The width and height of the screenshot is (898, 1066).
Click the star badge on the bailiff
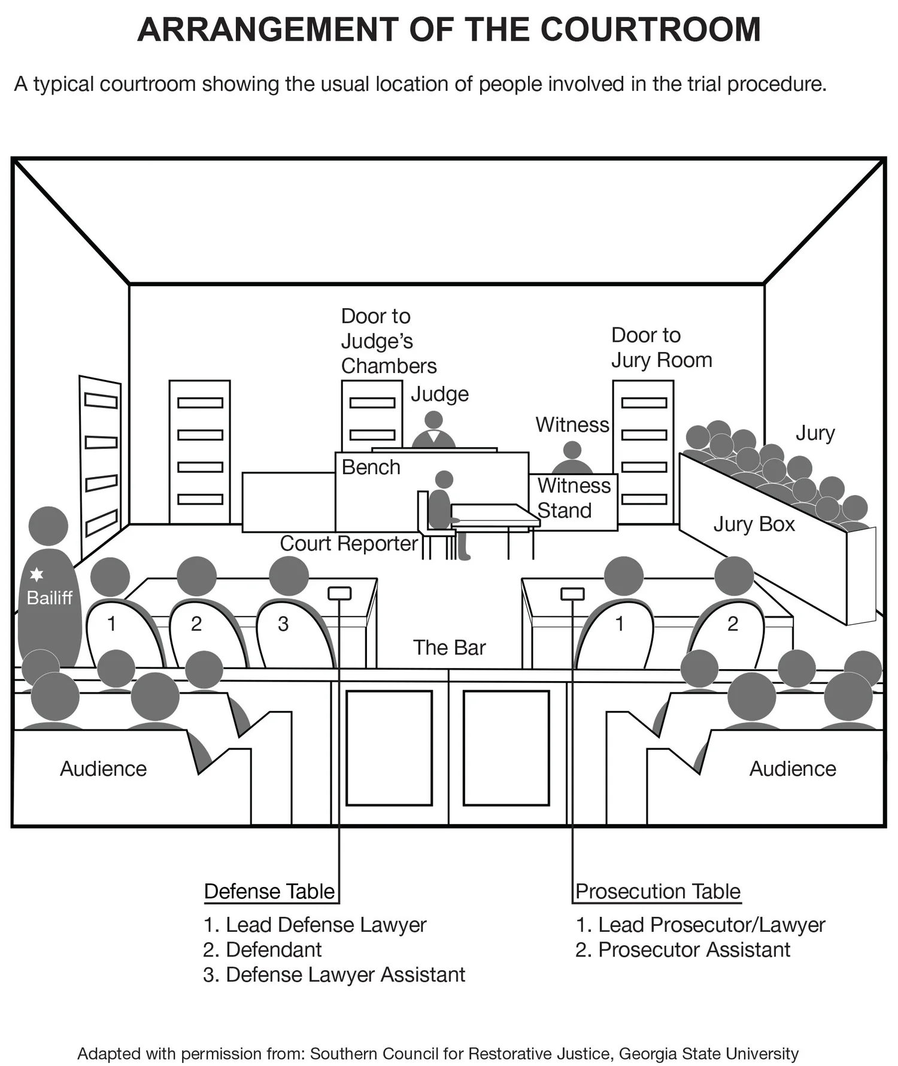click(x=37, y=575)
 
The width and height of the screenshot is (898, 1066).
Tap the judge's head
click(x=433, y=419)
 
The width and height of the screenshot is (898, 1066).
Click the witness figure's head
click(x=572, y=450)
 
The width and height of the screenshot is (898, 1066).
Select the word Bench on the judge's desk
click(x=371, y=467)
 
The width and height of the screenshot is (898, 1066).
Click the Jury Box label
click(x=754, y=524)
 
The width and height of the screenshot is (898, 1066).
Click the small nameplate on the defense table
click(x=339, y=593)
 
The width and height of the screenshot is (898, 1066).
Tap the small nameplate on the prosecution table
click(x=572, y=593)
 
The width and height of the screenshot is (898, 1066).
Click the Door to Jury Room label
click(x=661, y=348)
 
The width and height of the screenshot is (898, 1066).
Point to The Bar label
click(x=449, y=647)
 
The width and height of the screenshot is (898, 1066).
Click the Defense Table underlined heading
click(x=269, y=891)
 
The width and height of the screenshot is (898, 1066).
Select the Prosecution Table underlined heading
click(x=657, y=891)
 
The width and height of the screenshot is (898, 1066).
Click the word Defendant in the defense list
click(x=274, y=949)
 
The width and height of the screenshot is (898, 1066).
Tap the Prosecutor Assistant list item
click(x=694, y=949)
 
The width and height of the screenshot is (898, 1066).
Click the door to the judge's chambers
click(x=372, y=417)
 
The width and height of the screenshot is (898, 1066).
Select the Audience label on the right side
click(x=792, y=769)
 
